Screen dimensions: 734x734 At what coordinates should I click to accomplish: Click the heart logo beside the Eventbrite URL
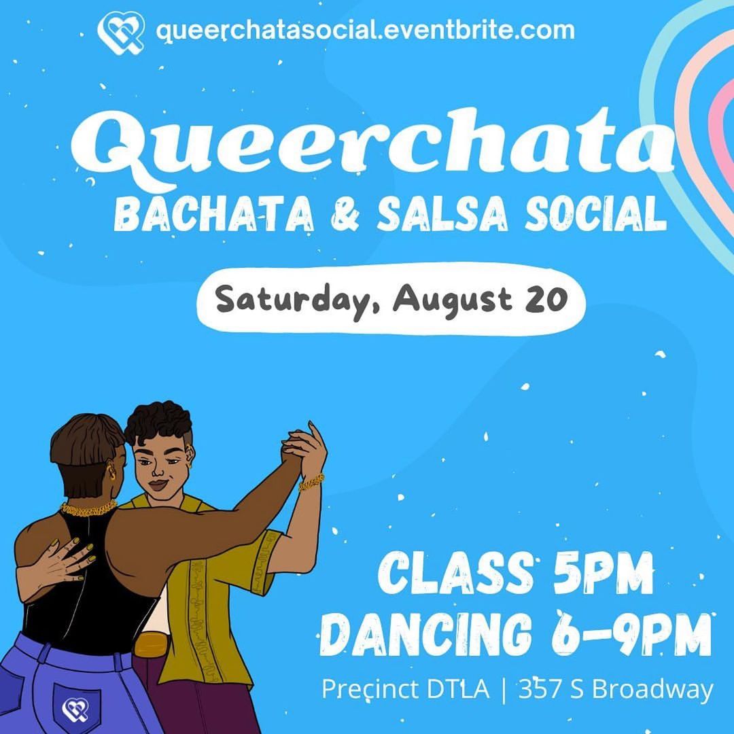(x=121, y=33)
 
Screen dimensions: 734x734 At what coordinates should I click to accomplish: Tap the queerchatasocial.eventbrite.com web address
(x=365, y=31)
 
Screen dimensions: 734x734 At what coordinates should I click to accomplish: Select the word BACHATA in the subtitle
(x=213, y=214)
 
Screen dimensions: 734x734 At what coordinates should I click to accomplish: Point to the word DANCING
(x=426, y=635)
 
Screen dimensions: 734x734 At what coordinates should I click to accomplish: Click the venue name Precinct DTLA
(x=405, y=690)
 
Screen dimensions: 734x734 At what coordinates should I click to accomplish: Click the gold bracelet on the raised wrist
(x=311, y=482)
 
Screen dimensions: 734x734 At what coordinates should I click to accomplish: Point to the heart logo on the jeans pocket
(x=76, y=710)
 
